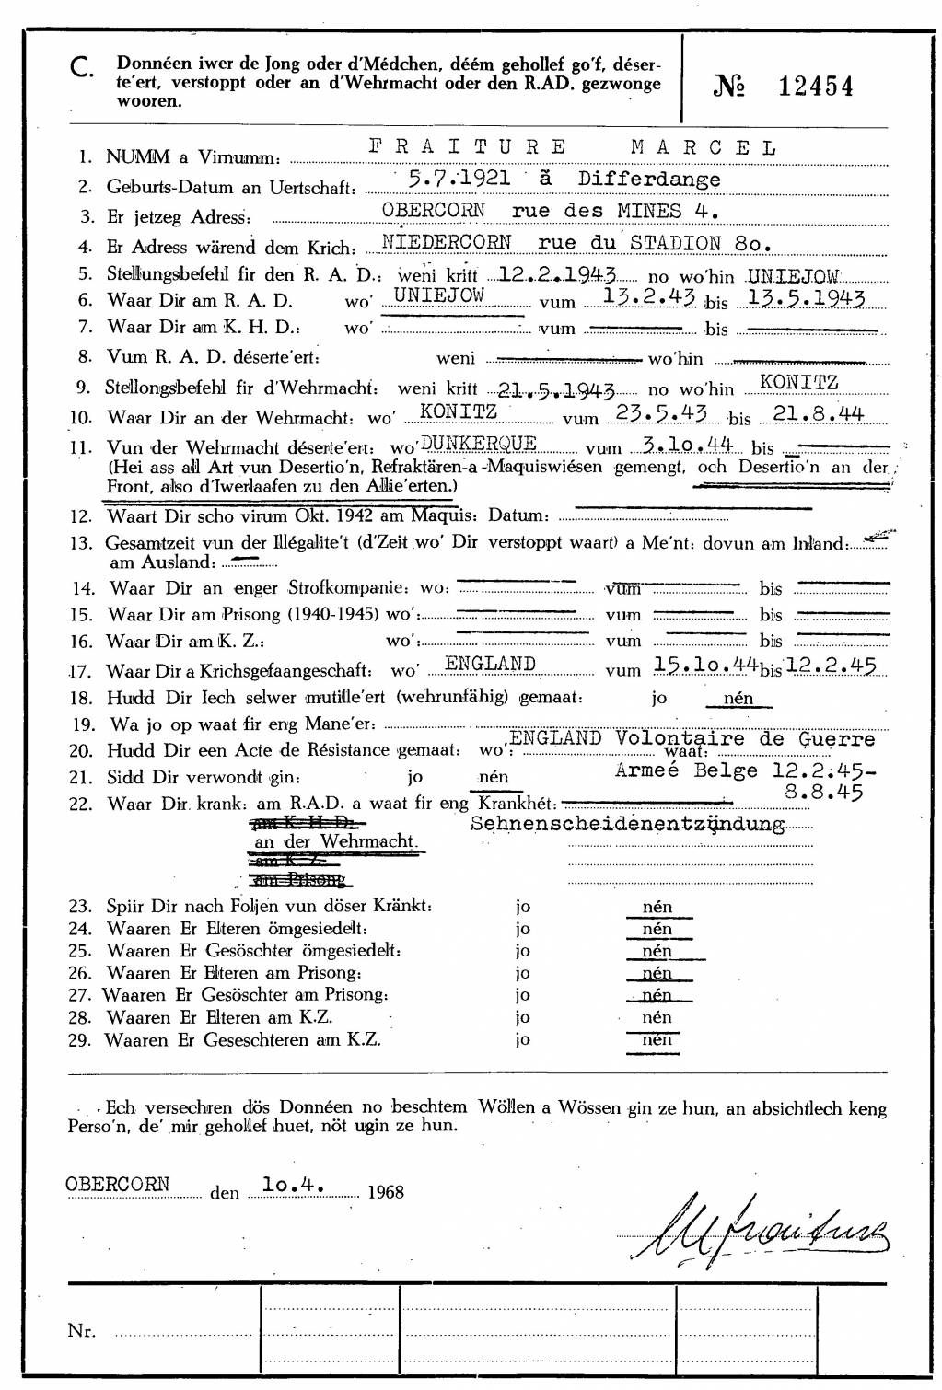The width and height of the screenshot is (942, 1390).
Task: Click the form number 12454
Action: (x=815, y=87)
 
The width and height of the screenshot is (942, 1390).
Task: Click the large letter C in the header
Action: (x=82, y=66)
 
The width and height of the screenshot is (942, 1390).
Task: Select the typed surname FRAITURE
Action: (x=468, y=147)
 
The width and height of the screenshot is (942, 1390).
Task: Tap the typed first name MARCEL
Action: (x=704, y=147)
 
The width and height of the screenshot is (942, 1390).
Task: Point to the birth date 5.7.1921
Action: (x=459, y=178)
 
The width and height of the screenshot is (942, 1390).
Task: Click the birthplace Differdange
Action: (x=649, y=179)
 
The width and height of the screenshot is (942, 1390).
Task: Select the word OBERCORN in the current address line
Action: (x=434, y=210)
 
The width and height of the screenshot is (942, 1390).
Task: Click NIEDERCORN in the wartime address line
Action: (x=447, y=243)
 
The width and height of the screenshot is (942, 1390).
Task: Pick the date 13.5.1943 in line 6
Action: (x=807, y=298)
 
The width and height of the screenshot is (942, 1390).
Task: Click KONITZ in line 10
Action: (x=459, y=411)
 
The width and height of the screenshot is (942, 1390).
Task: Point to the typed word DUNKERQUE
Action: (x=478, y=443)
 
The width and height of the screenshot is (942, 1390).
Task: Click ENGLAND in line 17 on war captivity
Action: (x=490, y=664)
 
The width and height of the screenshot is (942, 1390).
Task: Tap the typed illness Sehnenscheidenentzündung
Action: (x=628, y=824)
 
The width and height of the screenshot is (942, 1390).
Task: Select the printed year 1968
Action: (x=385, y=1192)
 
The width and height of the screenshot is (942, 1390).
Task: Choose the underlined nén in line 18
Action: (x=738, y=698)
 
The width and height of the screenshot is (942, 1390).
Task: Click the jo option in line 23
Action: (x=522, y=906)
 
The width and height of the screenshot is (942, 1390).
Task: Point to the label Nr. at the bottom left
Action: (x=81, y=1330)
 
